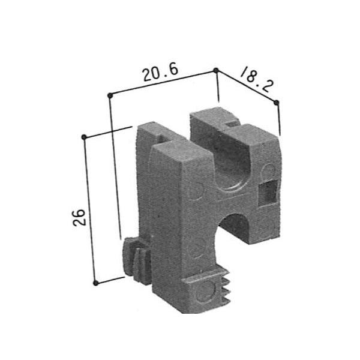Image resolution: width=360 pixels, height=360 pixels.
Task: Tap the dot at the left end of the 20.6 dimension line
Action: pos(109,95)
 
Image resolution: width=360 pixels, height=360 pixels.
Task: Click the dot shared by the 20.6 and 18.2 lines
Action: pos(216,70)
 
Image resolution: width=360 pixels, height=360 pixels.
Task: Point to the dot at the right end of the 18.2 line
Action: pos(277,102)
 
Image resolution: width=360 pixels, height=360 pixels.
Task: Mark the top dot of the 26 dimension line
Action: pos(85,137)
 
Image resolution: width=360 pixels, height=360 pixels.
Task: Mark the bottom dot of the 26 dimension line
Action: pos(96,281)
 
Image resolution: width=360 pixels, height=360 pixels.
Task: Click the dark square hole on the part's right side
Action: pos(266,193)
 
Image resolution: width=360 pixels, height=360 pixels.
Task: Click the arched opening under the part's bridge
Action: pos(236,229)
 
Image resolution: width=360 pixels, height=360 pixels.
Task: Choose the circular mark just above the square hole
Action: pos(268,171)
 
